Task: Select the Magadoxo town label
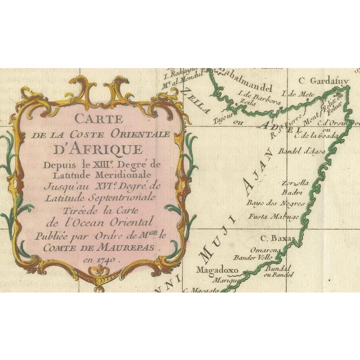224,269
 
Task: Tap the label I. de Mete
300,93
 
